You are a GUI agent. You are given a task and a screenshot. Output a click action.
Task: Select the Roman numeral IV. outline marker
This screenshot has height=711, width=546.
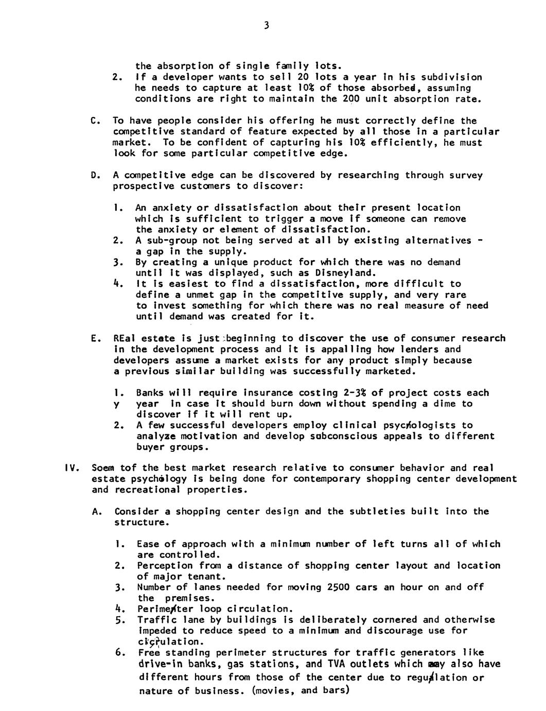(x=71, y=468)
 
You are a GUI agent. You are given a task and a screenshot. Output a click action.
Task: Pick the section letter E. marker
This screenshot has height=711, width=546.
(x=94, y=338)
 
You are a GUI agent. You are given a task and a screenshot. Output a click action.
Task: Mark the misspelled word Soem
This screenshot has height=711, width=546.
(x=102, y=468)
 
